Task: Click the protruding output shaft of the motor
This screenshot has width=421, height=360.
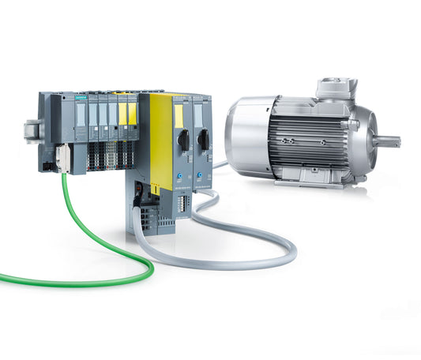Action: (x=388, y=142)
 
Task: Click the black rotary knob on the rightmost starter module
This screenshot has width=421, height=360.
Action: (x=202, y=139)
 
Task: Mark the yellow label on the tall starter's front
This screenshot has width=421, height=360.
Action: (x=179, y=115)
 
